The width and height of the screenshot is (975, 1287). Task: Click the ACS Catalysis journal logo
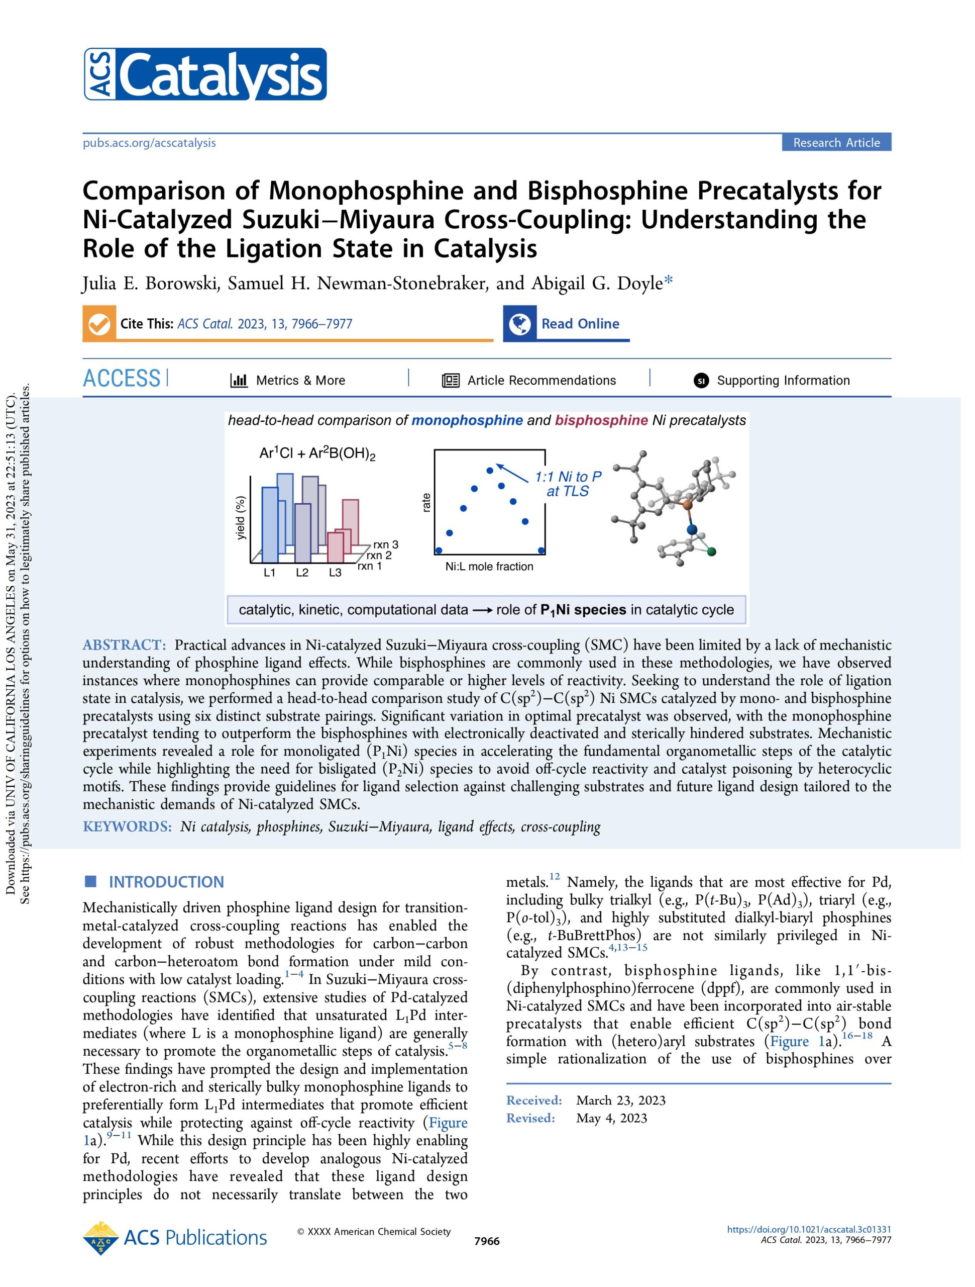204,74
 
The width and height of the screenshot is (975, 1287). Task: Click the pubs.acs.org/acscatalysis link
149,143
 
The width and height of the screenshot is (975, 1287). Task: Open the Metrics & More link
300,381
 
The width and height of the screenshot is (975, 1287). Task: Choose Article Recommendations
540,381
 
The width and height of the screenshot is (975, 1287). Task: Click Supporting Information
783,381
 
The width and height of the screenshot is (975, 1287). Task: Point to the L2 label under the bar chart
302,573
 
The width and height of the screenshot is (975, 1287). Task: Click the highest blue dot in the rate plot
490,470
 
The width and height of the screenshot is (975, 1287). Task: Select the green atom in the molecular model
711,551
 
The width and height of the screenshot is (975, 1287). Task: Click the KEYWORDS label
127,827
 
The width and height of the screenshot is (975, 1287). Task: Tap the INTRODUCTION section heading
166,882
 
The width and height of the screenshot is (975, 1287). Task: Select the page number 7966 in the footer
487,1241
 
